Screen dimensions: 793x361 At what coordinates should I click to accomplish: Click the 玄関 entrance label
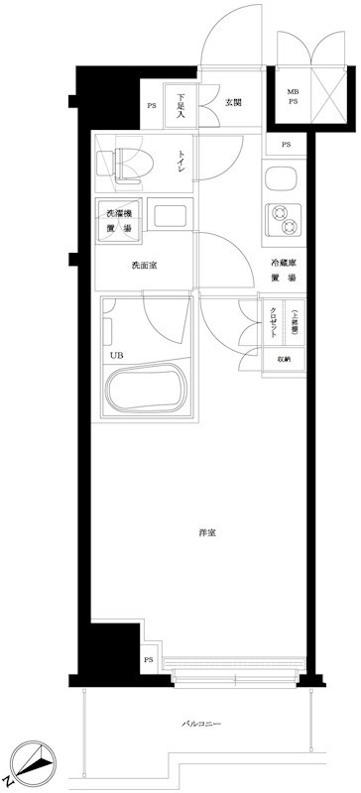[x=234, y=102]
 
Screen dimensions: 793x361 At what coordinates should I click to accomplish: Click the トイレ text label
[x=181, y=161]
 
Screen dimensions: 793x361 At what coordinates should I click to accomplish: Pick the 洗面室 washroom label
[x=146, y=266]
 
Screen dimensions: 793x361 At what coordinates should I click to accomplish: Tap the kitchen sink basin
[x=278, y=180]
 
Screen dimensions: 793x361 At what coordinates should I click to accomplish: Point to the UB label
[x=116, y=353]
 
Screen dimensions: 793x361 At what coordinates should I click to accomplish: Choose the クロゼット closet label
[x=273, y=322]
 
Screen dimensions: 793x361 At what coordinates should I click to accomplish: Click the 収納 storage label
[x=285, y=360]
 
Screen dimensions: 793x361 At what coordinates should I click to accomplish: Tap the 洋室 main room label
[x=207, y=532]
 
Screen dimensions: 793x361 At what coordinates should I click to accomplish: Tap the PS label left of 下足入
[x=152, y=106]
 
